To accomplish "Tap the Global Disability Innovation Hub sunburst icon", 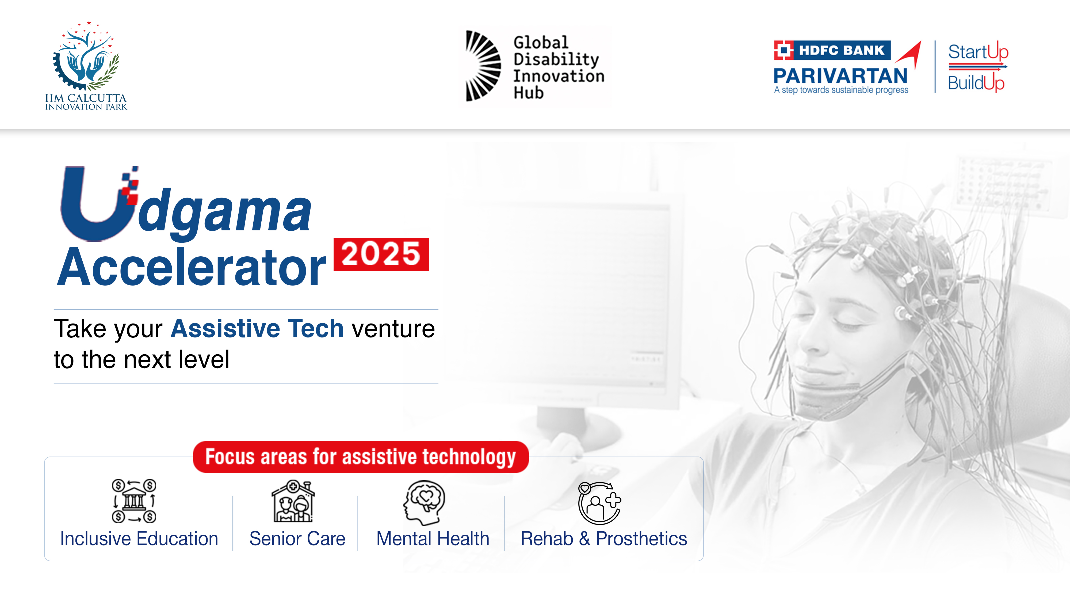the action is pyautogui.click(x=483, y=66).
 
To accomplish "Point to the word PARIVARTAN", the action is pyautogui.click(x=840, y=76).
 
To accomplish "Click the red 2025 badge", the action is pyautogui.click(x=381, y=254).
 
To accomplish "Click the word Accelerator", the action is pyautogui.click(x=192, y=267).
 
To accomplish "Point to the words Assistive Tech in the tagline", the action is pyautogui.click(x=257, y=329).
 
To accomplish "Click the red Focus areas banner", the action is pyautogui.click(x=361, y=457).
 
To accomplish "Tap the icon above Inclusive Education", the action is pyautogui.click(x=134, y=501).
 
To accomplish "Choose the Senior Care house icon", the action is pyautogui.click(x=293, y=501).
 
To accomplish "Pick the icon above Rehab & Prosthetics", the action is pyautogui.click(x=599, y=503).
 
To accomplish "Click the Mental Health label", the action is pyautogui.click(x=433, y=539).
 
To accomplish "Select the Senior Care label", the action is pyautogui.click(x=297, y=539).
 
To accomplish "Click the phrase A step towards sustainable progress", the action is pyautogui.click(x=841, y=90).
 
